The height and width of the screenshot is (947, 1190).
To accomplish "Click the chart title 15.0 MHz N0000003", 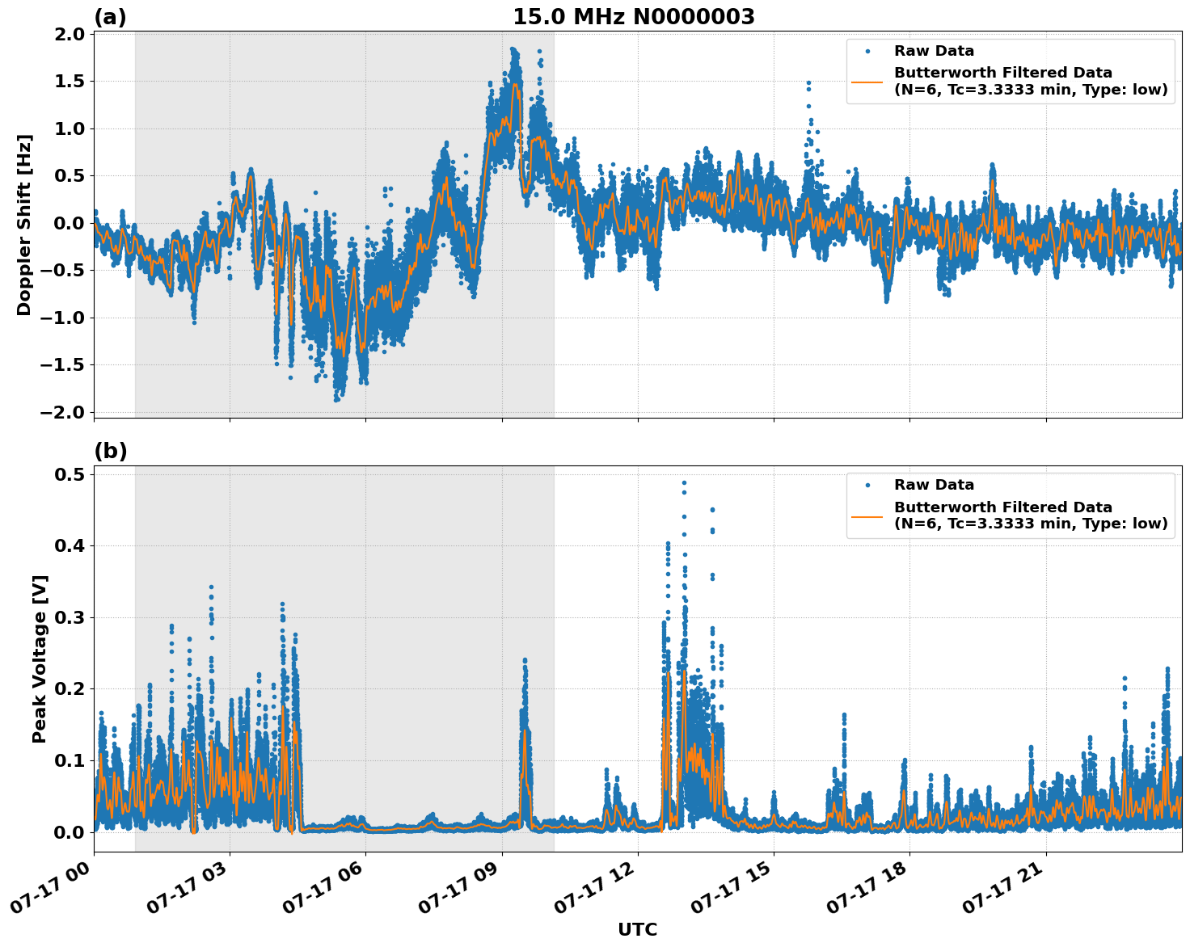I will tap(633, 17).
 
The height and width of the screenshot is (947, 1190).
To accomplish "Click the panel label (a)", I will tap(110, 17).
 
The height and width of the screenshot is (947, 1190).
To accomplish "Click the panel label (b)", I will tap(110, 451).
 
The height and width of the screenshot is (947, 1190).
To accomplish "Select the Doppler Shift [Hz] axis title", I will tap(24, 225).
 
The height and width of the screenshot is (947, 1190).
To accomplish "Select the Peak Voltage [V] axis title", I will tap(40, 659).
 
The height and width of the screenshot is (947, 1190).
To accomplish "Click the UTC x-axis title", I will tap(637, 929).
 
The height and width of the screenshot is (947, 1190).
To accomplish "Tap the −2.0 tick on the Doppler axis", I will tap(66, 412).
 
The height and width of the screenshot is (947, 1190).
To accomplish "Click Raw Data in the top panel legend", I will tap(934, 51).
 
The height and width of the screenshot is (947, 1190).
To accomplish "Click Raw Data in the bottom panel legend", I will tap(934, 485).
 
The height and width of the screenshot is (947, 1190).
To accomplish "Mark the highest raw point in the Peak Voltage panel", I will tap(684, 482).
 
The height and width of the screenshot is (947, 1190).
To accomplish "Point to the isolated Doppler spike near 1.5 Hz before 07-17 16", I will tap(808, 83).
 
